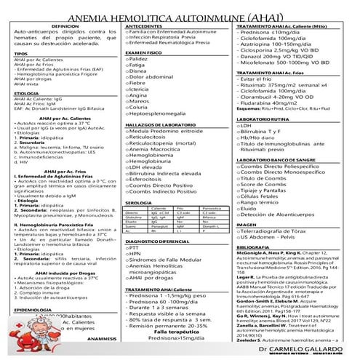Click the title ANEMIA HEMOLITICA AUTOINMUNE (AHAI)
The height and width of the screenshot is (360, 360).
click(x=180, y=13)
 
